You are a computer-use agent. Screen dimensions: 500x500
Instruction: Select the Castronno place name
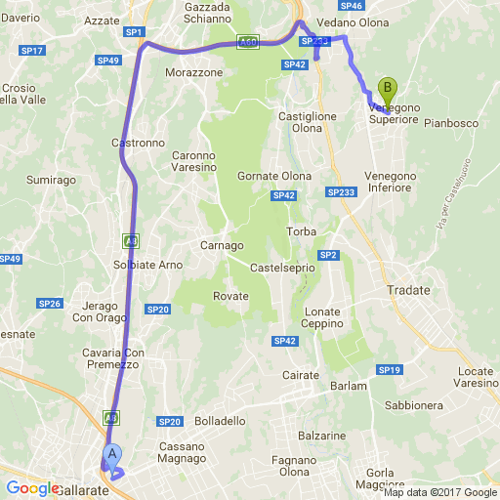coord(138,143)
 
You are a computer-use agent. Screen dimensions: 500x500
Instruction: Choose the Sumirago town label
coord(52,181)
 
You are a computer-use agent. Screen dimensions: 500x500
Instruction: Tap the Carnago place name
coord(220,245)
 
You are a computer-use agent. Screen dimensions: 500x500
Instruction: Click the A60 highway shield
coord(248,43)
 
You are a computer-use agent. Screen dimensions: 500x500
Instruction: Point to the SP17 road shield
coord(32,50)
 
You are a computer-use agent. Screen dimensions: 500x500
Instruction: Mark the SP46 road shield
coord(353,6)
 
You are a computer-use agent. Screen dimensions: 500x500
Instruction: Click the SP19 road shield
coord(391,370)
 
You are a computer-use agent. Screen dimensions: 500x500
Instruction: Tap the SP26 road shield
coord(50,304)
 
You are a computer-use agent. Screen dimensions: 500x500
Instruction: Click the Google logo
coord(33,488)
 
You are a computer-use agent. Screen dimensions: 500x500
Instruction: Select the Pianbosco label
coord(450,124)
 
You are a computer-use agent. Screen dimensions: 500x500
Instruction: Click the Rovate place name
coord(231,297)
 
